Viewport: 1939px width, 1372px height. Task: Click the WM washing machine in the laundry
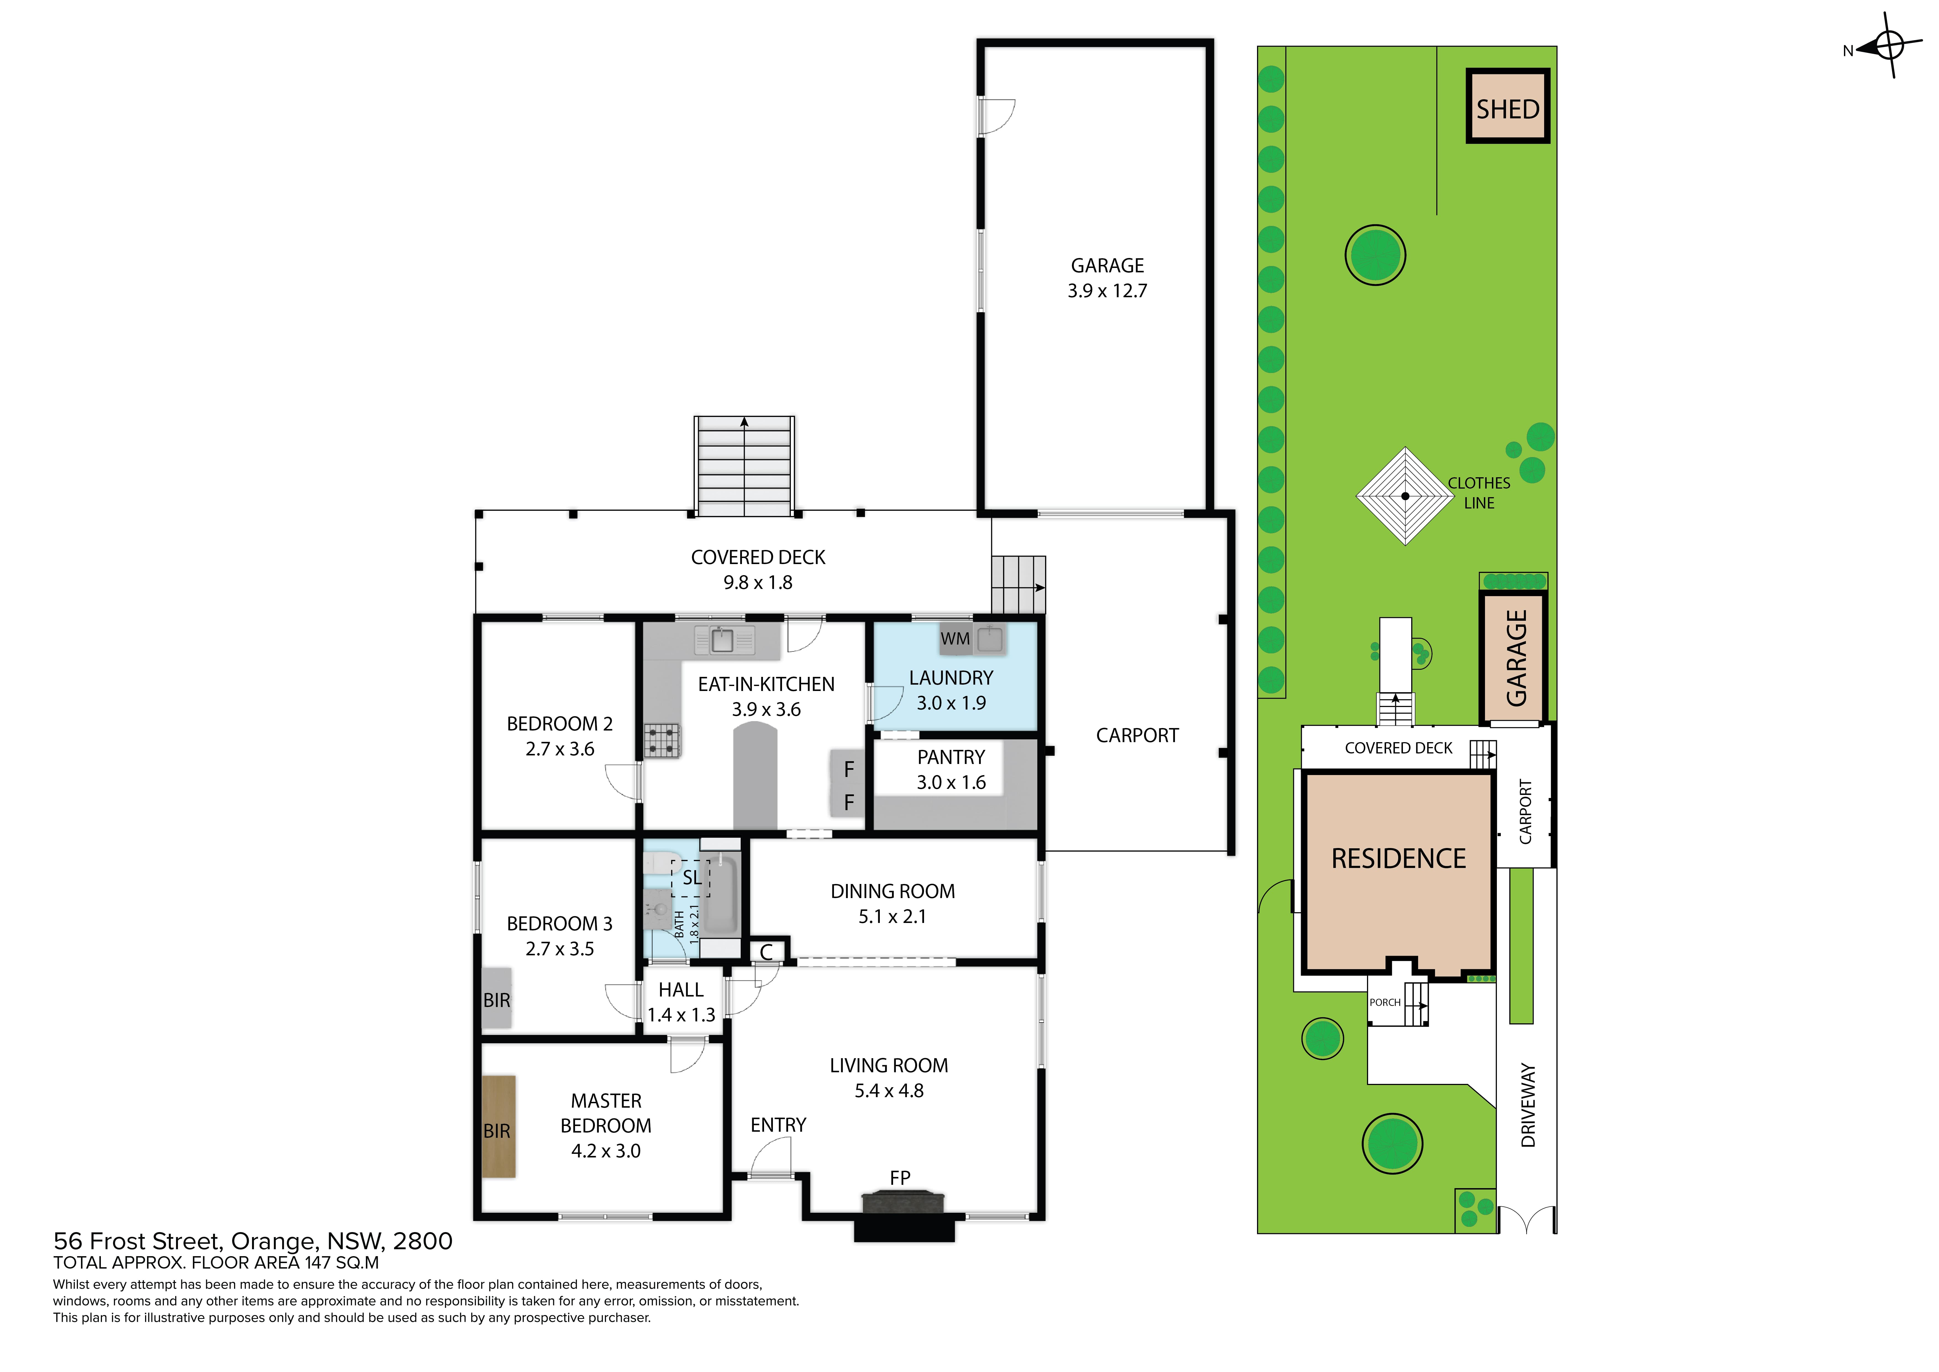pyautogui.click(x=955, y=639)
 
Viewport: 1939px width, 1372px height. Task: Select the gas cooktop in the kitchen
pyautogui.click(x=662, y=741)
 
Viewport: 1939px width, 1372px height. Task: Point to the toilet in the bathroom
pyautogui.click(x=661, y=863)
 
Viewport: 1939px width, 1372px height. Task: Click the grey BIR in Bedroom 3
pyautogui.click(x=497, y=998)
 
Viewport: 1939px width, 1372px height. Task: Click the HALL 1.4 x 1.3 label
pyautogui.click(x=681, y=1002)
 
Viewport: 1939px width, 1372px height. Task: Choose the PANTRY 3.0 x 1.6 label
pyautogui.click(x=951, y=769)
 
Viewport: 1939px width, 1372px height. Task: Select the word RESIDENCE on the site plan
pyautogui.click(x=1399, y=858)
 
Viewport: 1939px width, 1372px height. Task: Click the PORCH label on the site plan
pyautogui.click(x=1385, y=1003)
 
